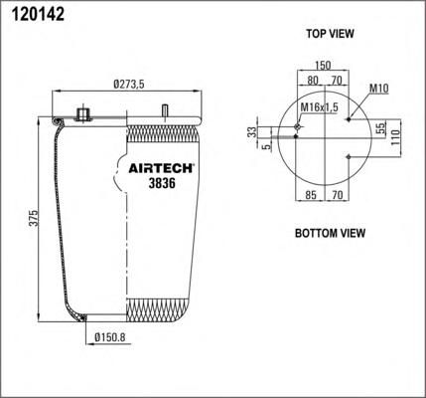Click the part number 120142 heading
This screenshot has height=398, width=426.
pos(38,14)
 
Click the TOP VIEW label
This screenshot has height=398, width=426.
pos(330,34)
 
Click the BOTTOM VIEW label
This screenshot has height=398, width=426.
pos(330,233)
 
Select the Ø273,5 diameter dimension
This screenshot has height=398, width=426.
pos(129,85)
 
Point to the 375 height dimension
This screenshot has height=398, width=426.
pos(34,218)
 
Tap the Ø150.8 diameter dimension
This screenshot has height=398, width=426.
pos(110,337)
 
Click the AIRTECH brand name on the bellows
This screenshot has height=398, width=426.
pos(161,168)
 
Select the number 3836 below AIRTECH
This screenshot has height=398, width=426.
pos(162,183)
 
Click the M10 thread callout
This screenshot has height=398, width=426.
pos(379,89)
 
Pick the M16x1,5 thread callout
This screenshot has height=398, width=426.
pos(319,107)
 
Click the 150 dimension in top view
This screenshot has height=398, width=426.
pos(323,65)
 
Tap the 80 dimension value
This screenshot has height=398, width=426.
pos(313,81)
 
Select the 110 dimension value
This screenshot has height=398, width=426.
pos(396,137)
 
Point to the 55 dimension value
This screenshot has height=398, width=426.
pos(381,128)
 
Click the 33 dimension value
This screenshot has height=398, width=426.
pos(252,132)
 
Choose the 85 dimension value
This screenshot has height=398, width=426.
pos(311,195)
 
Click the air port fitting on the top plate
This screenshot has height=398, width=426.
pos(83,113)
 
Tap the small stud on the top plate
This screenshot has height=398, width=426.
pos(164,110)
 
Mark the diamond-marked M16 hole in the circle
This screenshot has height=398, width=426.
pos(298,126)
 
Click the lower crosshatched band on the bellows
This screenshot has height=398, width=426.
pos(159,310)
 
